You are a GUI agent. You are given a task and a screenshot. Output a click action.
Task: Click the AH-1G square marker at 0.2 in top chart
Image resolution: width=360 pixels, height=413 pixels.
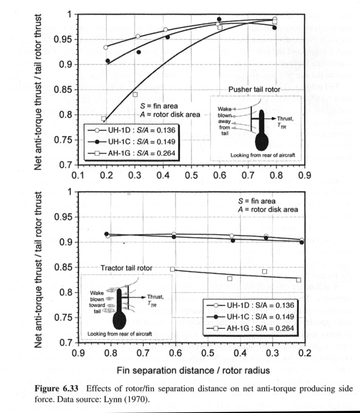(104, 119)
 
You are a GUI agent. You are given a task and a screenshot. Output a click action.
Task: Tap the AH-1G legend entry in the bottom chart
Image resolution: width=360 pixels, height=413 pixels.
(251, 329)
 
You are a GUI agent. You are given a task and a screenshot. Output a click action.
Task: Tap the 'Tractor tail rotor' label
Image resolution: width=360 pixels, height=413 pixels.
(126, 268)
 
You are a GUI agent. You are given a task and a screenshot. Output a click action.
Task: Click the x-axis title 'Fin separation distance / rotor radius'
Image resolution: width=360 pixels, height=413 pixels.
(193, 370)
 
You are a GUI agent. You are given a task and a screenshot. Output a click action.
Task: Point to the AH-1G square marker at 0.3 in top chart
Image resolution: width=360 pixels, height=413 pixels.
(135, 94)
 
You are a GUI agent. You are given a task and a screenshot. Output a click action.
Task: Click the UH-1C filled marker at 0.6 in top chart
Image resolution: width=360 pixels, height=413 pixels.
(219, 19)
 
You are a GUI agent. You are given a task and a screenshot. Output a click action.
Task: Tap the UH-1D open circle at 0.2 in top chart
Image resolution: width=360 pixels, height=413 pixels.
(106, 47)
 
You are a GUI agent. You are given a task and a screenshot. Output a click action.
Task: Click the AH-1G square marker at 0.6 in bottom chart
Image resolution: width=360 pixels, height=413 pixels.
(173, 269)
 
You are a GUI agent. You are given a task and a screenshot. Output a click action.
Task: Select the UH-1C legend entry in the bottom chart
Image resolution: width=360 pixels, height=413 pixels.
(251, 317)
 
